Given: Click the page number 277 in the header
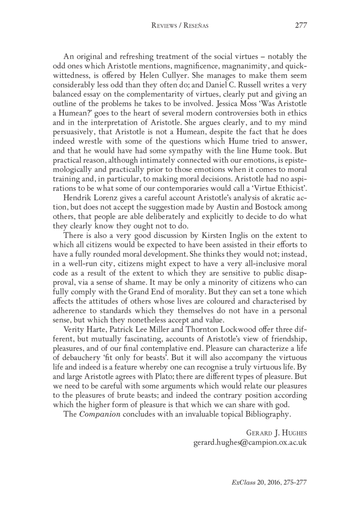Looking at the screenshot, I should click(x=301, y=25).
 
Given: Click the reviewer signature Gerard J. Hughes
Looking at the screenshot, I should click(x=276, y=433).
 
